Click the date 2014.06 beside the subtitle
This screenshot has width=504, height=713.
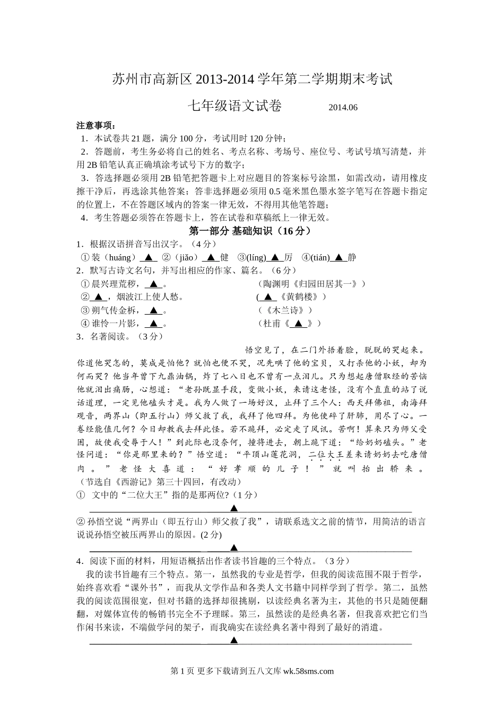(343, 107)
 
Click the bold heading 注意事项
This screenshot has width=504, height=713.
(95, 126)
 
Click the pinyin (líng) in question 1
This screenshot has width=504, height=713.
(256, 257)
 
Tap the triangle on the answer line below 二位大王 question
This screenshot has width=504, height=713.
(233, 508)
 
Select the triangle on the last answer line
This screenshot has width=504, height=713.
(233, 640)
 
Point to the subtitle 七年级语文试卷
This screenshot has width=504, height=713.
(234, 106)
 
